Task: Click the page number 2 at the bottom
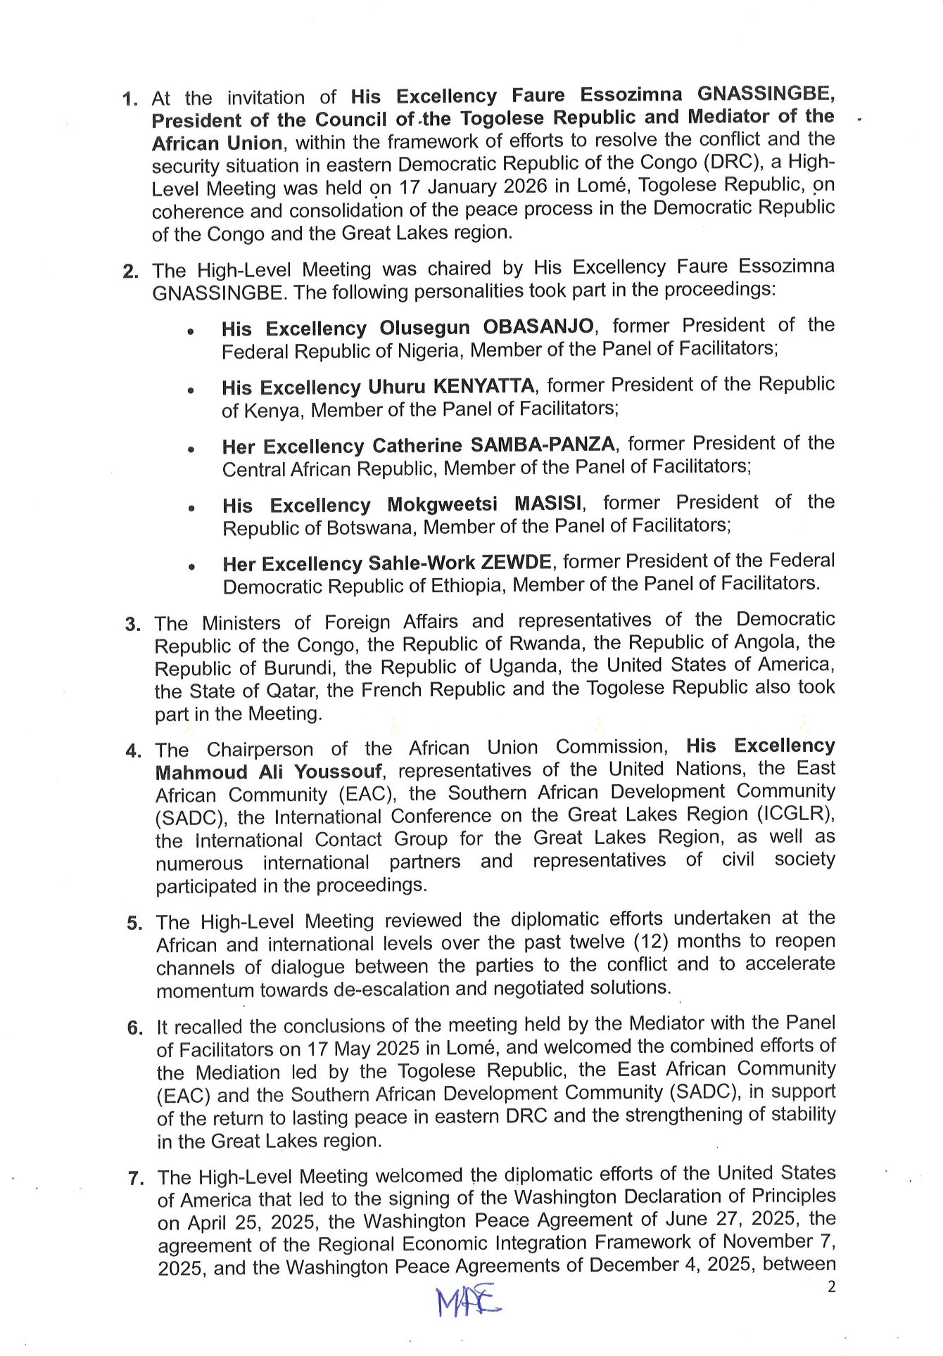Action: click(831, 1287)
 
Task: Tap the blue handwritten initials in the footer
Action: click(468, 1301)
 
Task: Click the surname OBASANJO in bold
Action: click(538, 327)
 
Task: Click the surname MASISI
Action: click(548, 504)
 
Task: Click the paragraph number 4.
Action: click(133, 750)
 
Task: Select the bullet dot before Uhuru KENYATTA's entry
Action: click(191, 390)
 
